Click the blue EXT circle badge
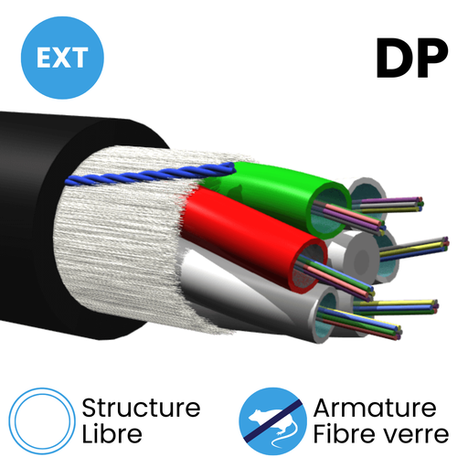[62, 58]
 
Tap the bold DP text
[412, 58]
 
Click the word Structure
[141, 408]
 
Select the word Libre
[112, 433]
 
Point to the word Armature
[375, 408]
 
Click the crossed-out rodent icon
[272, 421]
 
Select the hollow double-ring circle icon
[42, 421]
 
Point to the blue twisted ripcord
[149, 175]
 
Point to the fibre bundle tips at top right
[420, 204]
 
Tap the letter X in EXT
[62, 58]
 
